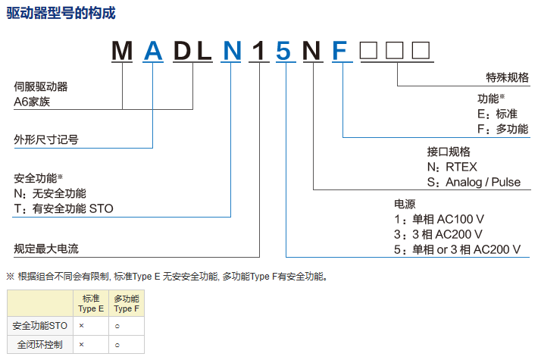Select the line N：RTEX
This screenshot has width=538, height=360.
pos(452,167)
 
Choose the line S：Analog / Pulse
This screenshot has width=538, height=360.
pos(474,183)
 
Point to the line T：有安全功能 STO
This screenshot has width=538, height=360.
pos(64,208)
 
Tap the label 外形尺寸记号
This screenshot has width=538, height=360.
pos(46,139)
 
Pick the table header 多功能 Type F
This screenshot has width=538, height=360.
pos(126,304)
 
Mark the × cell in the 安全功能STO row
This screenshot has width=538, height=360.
pos(81,325)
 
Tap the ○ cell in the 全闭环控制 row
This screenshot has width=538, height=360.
pos(117,345)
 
